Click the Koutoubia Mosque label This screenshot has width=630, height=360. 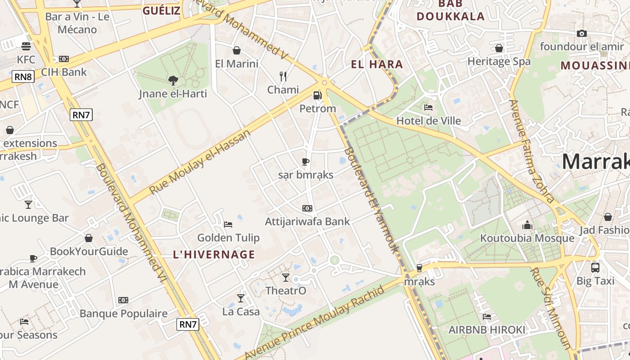pos(527,238)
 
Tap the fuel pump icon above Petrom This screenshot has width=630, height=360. pos(318,95)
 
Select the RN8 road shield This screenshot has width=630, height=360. pos(23,76)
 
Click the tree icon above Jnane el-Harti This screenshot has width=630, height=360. pos(173,81)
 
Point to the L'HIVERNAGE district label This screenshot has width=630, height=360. pos(214,255)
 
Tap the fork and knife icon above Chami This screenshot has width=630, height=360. pos(283,76)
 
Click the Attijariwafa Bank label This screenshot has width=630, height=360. pos(307,221)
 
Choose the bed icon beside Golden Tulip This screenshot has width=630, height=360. pos(228,224)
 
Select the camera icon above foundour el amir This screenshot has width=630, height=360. pos(581,33)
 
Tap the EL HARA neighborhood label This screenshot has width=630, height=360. pos(377,64)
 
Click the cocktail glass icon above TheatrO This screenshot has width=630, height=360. pos(286,277)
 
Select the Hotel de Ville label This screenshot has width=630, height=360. pos(428,121)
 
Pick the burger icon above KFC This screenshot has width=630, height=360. pos(26,46)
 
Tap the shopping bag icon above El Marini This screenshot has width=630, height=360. pos(237,50)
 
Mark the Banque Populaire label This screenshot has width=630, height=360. pos(123,314)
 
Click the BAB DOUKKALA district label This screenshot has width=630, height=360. pos(450,10)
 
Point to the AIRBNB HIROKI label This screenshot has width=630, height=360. pos(486,330)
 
